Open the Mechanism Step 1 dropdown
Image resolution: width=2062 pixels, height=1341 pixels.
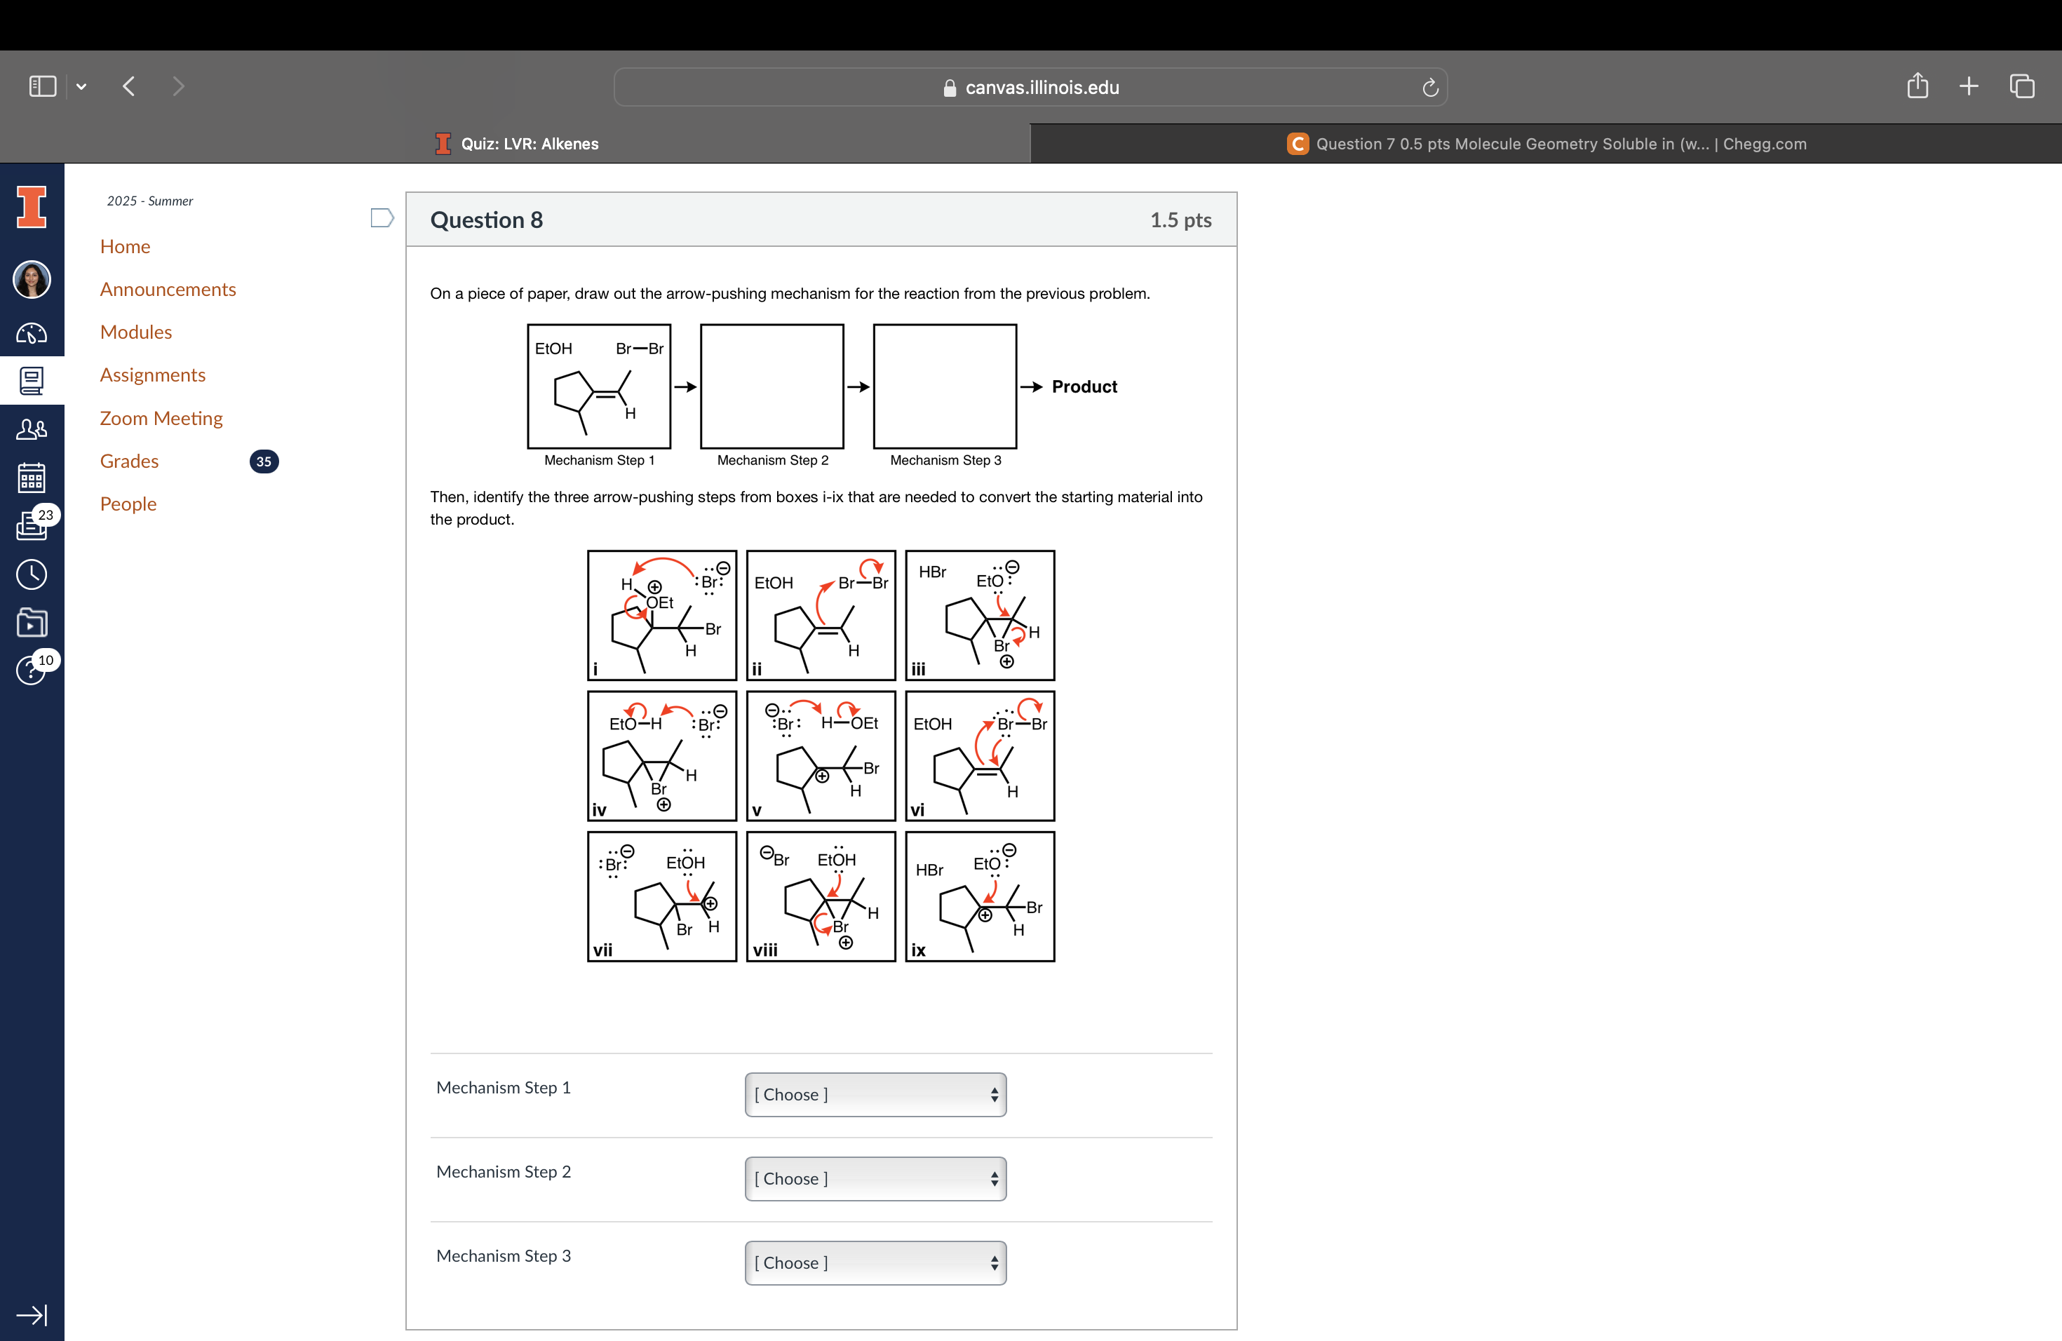click(875, 1094)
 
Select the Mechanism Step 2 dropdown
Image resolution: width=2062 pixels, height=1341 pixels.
click(875, 1178)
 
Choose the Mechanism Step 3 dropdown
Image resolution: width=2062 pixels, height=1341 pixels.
click(875, 1262)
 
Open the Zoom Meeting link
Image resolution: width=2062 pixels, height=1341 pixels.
click(161, 419)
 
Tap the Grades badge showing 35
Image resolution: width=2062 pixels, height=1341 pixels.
click(264, 461)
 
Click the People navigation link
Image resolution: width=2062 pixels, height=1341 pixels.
click(128, 504)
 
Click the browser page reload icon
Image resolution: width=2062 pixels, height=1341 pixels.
click(1429, 88)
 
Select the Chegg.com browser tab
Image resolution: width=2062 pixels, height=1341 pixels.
click(1546, 144)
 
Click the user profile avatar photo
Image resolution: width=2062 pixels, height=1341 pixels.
click(32, 280)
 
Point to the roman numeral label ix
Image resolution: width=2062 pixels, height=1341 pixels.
click(918, 950)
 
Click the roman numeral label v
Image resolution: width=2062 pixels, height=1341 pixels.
click(756, 811)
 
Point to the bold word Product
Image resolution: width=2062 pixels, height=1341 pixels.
click(1084, 386)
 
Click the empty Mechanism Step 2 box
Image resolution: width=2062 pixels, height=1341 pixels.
click(771, 386)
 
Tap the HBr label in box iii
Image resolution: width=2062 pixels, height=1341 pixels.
click(932, 572)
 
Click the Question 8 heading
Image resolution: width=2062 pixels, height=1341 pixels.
click(486, 220)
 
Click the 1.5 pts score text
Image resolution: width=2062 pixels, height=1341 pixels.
click(1180, 220)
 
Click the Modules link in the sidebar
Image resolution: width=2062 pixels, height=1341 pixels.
click(135, 332)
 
